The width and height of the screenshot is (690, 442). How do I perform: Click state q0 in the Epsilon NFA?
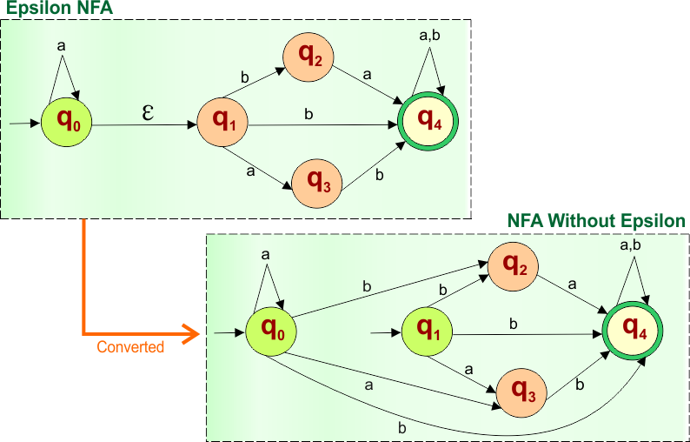coord(67,124)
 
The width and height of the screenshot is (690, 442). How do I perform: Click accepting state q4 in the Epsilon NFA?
coord(428,124)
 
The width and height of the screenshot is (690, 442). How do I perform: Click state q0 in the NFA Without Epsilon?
coord(272,331)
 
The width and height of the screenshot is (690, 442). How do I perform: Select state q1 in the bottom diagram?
coord(428,331)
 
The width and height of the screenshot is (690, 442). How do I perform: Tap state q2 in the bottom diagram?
coord(513,266)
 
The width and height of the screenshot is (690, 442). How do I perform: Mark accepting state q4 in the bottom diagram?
coord(634,331)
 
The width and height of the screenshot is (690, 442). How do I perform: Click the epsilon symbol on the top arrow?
coord(148,113)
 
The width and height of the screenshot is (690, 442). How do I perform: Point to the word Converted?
coord(130,347)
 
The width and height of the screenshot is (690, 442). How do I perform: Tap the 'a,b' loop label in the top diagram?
coord(430,36)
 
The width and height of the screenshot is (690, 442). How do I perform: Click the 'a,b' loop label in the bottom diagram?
coord(630,246)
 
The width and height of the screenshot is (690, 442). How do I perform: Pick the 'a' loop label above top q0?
coord(62,44)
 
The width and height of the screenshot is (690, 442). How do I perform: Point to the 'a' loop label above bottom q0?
coord(265,253)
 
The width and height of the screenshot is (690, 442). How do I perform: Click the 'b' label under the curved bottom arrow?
coord(401,427)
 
